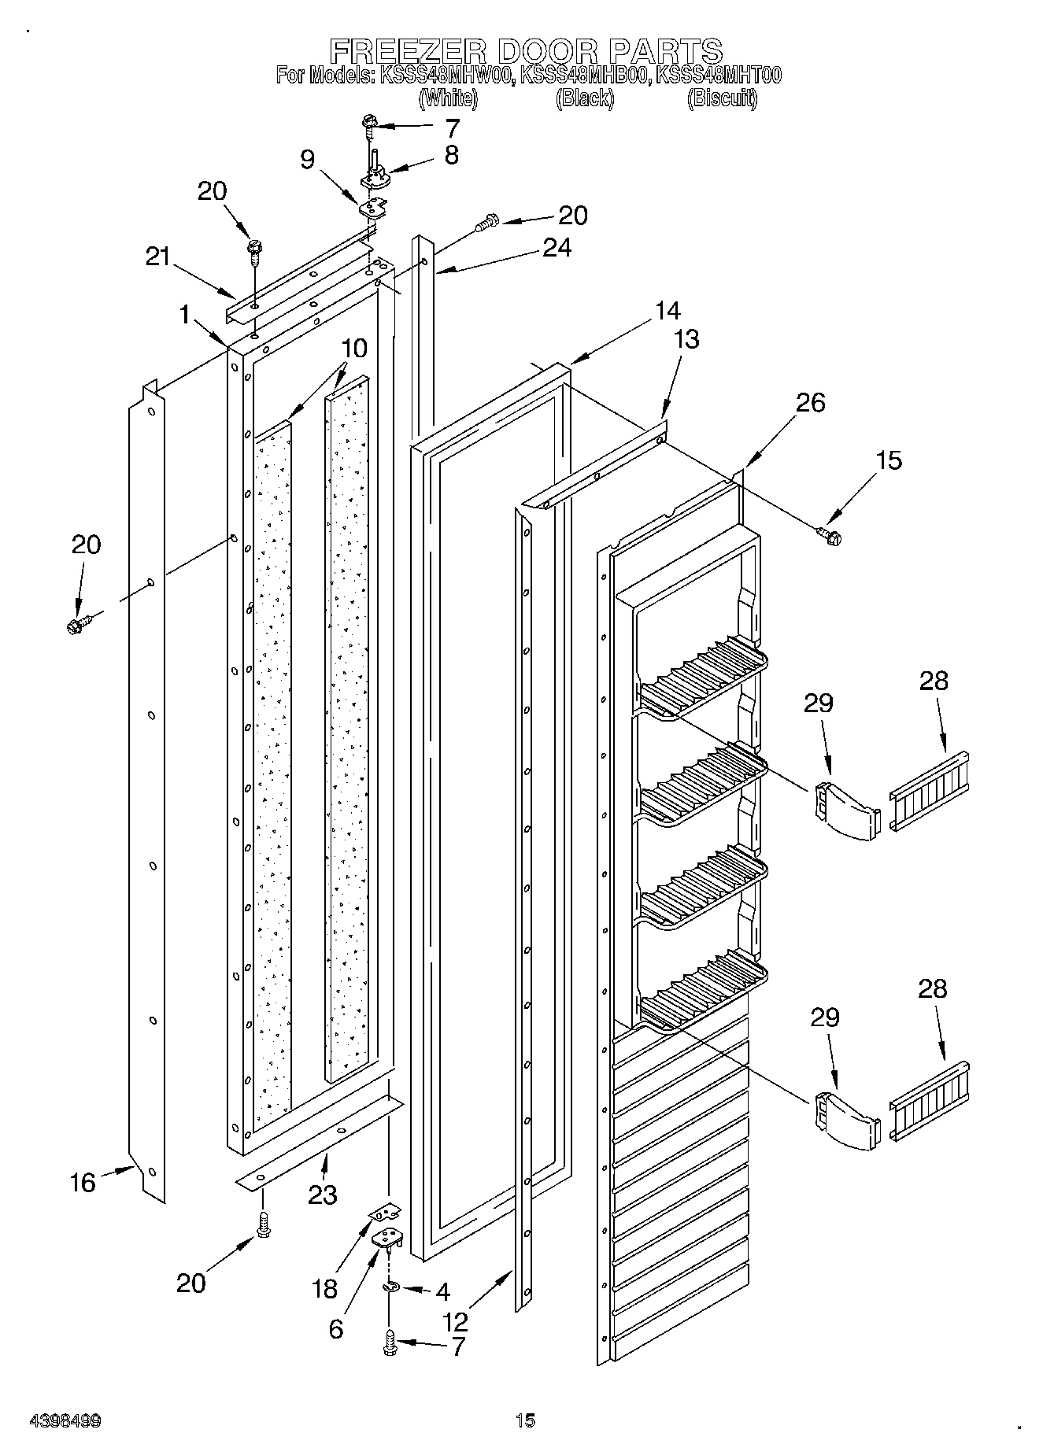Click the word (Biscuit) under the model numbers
[722, 98]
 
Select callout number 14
[667, 311]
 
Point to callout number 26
[810, 403]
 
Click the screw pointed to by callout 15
[829, 535]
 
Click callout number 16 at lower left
[83, 1182]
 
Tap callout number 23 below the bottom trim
[323, 1195]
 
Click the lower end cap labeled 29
[846, 1121]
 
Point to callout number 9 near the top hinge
[308, 160]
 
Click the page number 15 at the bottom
[525, 1420]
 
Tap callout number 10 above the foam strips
[354, 348]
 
